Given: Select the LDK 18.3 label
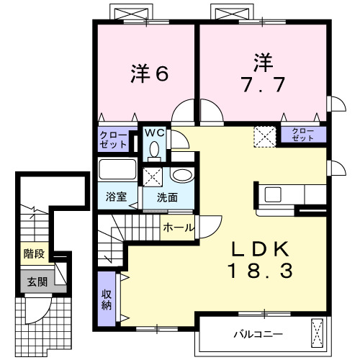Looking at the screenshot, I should (x=260, y=260).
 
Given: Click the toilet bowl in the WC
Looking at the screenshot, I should (x=153, y=149).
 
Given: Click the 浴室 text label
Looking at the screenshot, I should (x=117, y=197).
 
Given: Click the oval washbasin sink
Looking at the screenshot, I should (x=181, y=174).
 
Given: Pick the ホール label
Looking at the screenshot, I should (x=178, y=228).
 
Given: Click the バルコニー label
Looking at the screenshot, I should (x=257, y=334).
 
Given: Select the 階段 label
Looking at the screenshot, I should (x=32, y=253).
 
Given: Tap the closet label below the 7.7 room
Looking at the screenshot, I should (x=302, y=134).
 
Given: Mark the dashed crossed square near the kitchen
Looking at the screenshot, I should (x=265, y=135).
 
